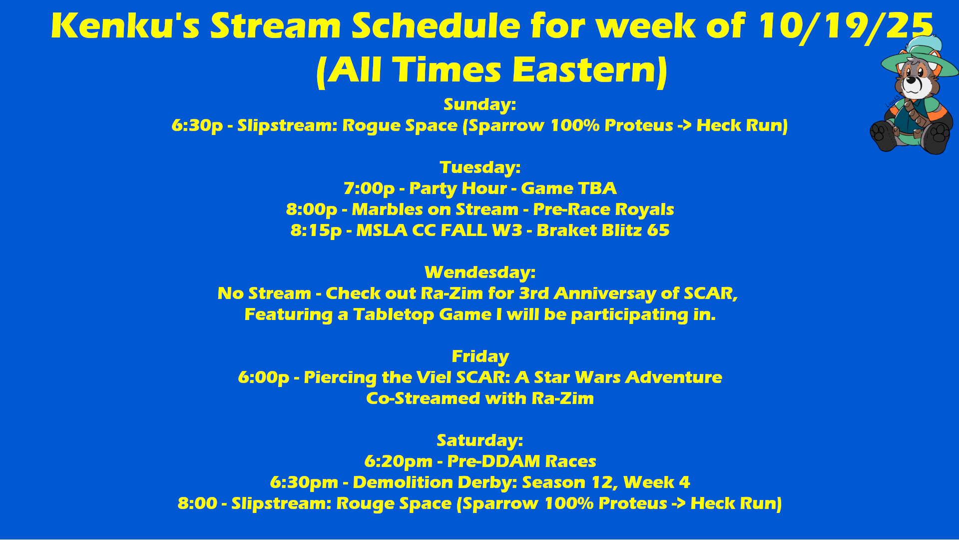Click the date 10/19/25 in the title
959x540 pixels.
click(845, 25)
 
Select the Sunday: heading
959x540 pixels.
click(479, 104)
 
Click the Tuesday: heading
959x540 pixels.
click(480, 167)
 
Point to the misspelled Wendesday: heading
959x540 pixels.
click(480, 272)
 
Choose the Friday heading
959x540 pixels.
click(480, 356)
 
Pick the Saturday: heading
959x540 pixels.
click(480, 440)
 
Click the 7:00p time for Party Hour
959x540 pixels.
click(369, 188)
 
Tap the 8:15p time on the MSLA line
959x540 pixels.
click(316, 230)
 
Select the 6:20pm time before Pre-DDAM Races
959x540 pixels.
click(398, 461)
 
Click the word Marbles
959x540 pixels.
click(385, 209)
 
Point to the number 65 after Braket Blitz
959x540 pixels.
click(658, 230)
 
